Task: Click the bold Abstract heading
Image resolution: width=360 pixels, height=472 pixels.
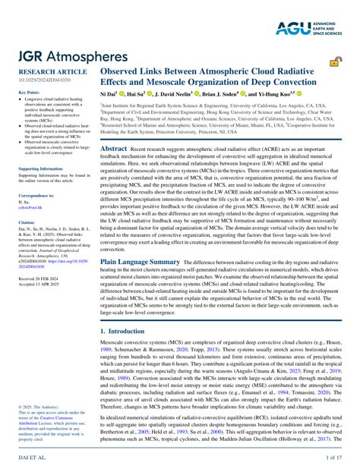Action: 114,149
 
